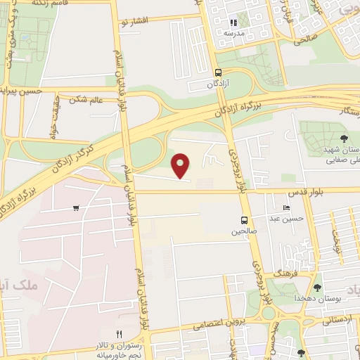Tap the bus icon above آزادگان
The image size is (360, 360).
pos(217,72)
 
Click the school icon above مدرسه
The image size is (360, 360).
pos(233,22)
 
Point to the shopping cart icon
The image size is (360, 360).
pos(76,207)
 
